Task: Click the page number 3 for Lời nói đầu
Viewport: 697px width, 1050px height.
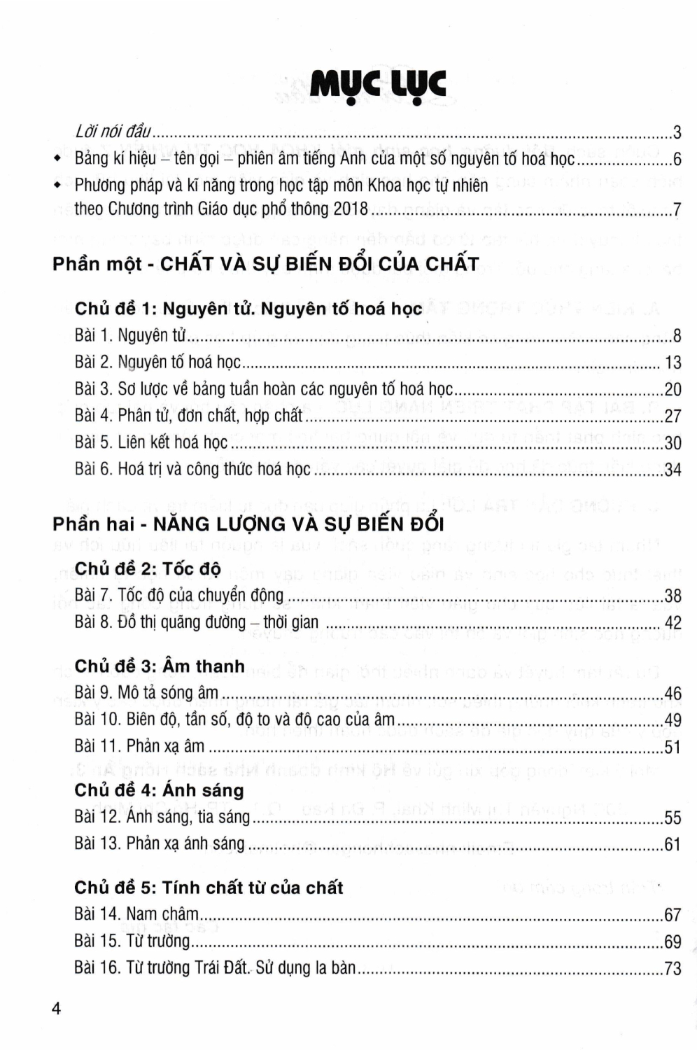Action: pyautogui.click(x=677, y=132)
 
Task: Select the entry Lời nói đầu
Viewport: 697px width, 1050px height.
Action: pyautogui.click(x=113, y=132)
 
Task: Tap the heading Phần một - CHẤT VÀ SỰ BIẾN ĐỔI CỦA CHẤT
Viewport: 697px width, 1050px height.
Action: pyautogui.click(x=266, y=264)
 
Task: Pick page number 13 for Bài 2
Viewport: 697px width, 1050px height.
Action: pyautogui.click(x=673, y=363)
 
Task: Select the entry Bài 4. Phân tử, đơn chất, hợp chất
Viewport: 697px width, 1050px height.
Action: pyautogui.click(x=189, y=416)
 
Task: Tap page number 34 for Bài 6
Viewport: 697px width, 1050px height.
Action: pyautogui.click(x=673, y=470)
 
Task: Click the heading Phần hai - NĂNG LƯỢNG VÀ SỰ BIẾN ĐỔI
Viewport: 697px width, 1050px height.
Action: pyautogui.click(x=248, y=524)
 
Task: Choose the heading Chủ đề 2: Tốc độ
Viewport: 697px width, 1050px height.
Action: pyautogui.click(x=148, y=568)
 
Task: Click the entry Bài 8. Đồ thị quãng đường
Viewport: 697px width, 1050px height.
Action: pyautogui.click(x=197, y=622)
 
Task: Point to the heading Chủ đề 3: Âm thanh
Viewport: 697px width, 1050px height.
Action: pyautogui.click(x=160, y=666)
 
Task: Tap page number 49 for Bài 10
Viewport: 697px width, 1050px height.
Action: pyautogui.click(x=673, y=720)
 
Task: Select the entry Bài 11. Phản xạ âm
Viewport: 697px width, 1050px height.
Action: pyautogui.click(x=140, y=746)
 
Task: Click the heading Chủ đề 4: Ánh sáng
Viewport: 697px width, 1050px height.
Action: pyautogui.click(x=160, y=790)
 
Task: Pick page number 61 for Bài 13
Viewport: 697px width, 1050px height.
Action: pyautogui.click(x=673, y=844)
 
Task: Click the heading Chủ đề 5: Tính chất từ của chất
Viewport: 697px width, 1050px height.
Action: pyautogui.click(x=209, y=888)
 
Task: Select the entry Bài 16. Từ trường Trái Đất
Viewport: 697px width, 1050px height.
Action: pyautogui.click(x=215, y=968)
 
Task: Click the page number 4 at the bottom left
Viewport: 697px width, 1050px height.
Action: pyautogui.click(x=57, y=1009)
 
